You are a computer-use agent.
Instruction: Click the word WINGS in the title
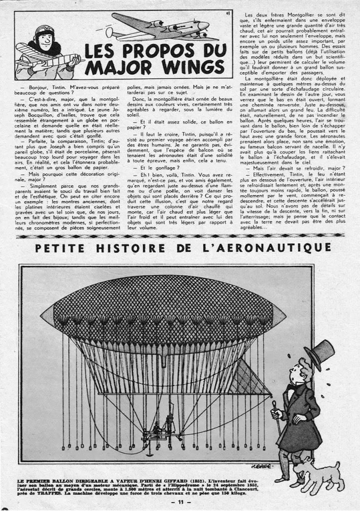[x=193, y=66]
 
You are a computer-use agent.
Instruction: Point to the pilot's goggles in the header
[x=44, y=31]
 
